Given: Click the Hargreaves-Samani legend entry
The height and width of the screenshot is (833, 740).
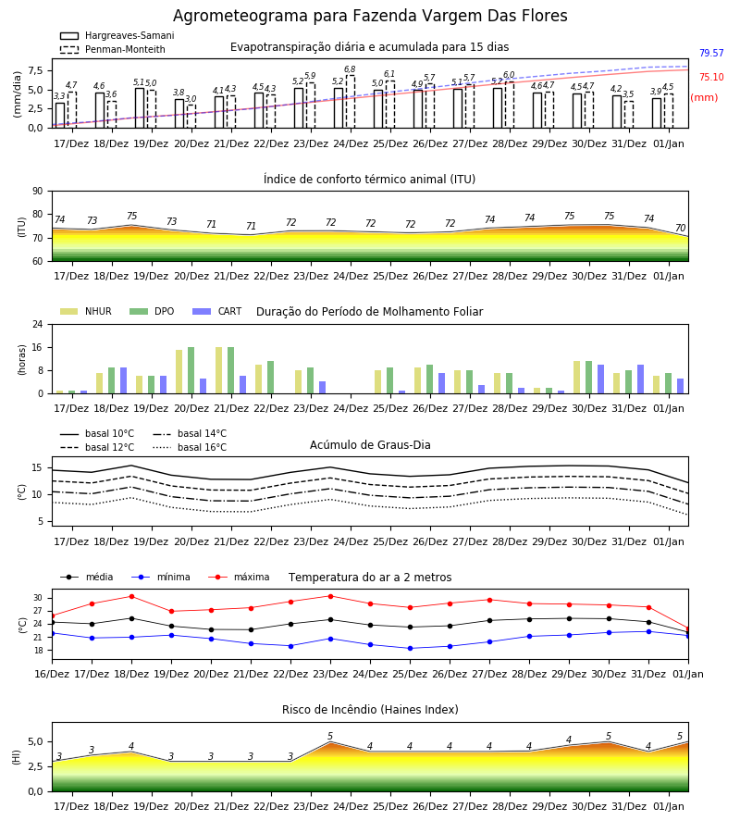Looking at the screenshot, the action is pyautogui.click(x=117, y=35).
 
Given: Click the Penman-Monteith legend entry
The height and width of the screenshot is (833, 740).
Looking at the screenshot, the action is pyautogui.click(x=113, y=49).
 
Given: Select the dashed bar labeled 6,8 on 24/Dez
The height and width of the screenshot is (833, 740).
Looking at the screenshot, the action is pyautogui.click(x=351, y=102).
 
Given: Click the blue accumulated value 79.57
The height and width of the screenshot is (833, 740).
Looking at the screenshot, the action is pyautogui.click(x=711, y=53).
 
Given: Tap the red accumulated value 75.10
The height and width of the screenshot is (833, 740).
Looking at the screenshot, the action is pyautogui.click(x=711, y=77).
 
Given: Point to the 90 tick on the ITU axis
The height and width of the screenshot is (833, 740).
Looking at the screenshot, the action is pyautogui.click(x=38, y=192).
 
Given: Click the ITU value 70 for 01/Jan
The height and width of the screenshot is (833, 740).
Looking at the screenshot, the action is pyautogui.click(x=680, y=228).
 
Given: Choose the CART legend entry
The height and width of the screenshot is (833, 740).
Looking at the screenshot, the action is pyautogui.click(x=216, y=311).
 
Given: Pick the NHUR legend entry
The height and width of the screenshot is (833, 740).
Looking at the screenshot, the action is pyautogui.click(x=85, y=311).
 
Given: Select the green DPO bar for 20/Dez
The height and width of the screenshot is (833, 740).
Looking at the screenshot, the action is pyautogui.click(x=191, y=370).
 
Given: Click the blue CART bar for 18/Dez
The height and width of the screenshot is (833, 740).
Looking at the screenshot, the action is pyautogui.click(x=124, y=380).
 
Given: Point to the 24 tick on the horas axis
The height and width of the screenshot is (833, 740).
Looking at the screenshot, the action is pyautogui.click(x=38, y=324).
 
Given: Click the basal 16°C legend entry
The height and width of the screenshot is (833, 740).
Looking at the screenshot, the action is pyautogui.click(x=189, y=447).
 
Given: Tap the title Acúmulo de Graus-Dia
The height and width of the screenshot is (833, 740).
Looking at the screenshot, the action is pyautogui.click(x=370, y=445).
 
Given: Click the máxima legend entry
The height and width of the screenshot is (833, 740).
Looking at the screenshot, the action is pyautogui.click(x=239, y=577).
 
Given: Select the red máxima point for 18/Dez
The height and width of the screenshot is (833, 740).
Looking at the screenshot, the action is pyautogui.click(x=131, y=597).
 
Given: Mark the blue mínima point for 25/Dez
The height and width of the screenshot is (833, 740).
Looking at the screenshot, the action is pyautogui.click(x=410, y=649).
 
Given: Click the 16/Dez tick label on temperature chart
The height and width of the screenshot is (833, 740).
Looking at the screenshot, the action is pyautogui.click(x=52, y=674).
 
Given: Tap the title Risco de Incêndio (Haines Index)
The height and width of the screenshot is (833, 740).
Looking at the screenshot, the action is pyautogui.click(x=370, y=710).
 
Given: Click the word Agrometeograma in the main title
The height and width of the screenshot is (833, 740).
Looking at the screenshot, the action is pyautogui.click(x=240, y=16).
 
